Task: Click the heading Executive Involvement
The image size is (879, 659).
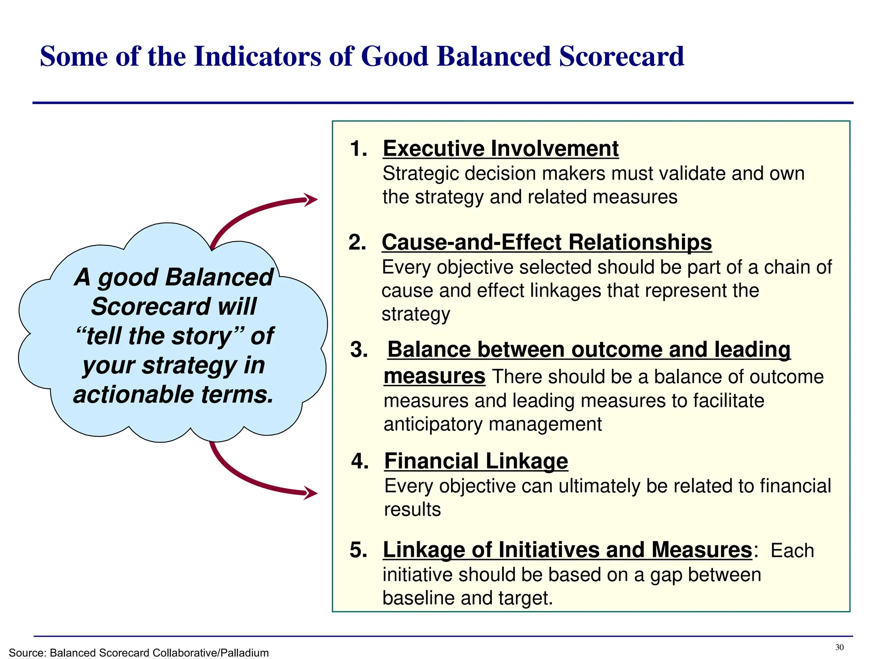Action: coord(500,149)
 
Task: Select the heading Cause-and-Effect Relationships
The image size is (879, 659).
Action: coord(546,242)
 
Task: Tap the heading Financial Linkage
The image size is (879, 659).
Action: coord(476,461)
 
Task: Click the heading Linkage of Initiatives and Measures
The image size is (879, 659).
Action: coord(567,550)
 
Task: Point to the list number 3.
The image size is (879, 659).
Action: coord(359,350)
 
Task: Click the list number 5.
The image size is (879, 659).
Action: coord(358,550)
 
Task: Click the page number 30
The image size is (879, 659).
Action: coord(840,647)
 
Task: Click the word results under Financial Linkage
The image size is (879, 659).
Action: coord(412,510)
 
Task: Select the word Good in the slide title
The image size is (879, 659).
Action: coord(394,57)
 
